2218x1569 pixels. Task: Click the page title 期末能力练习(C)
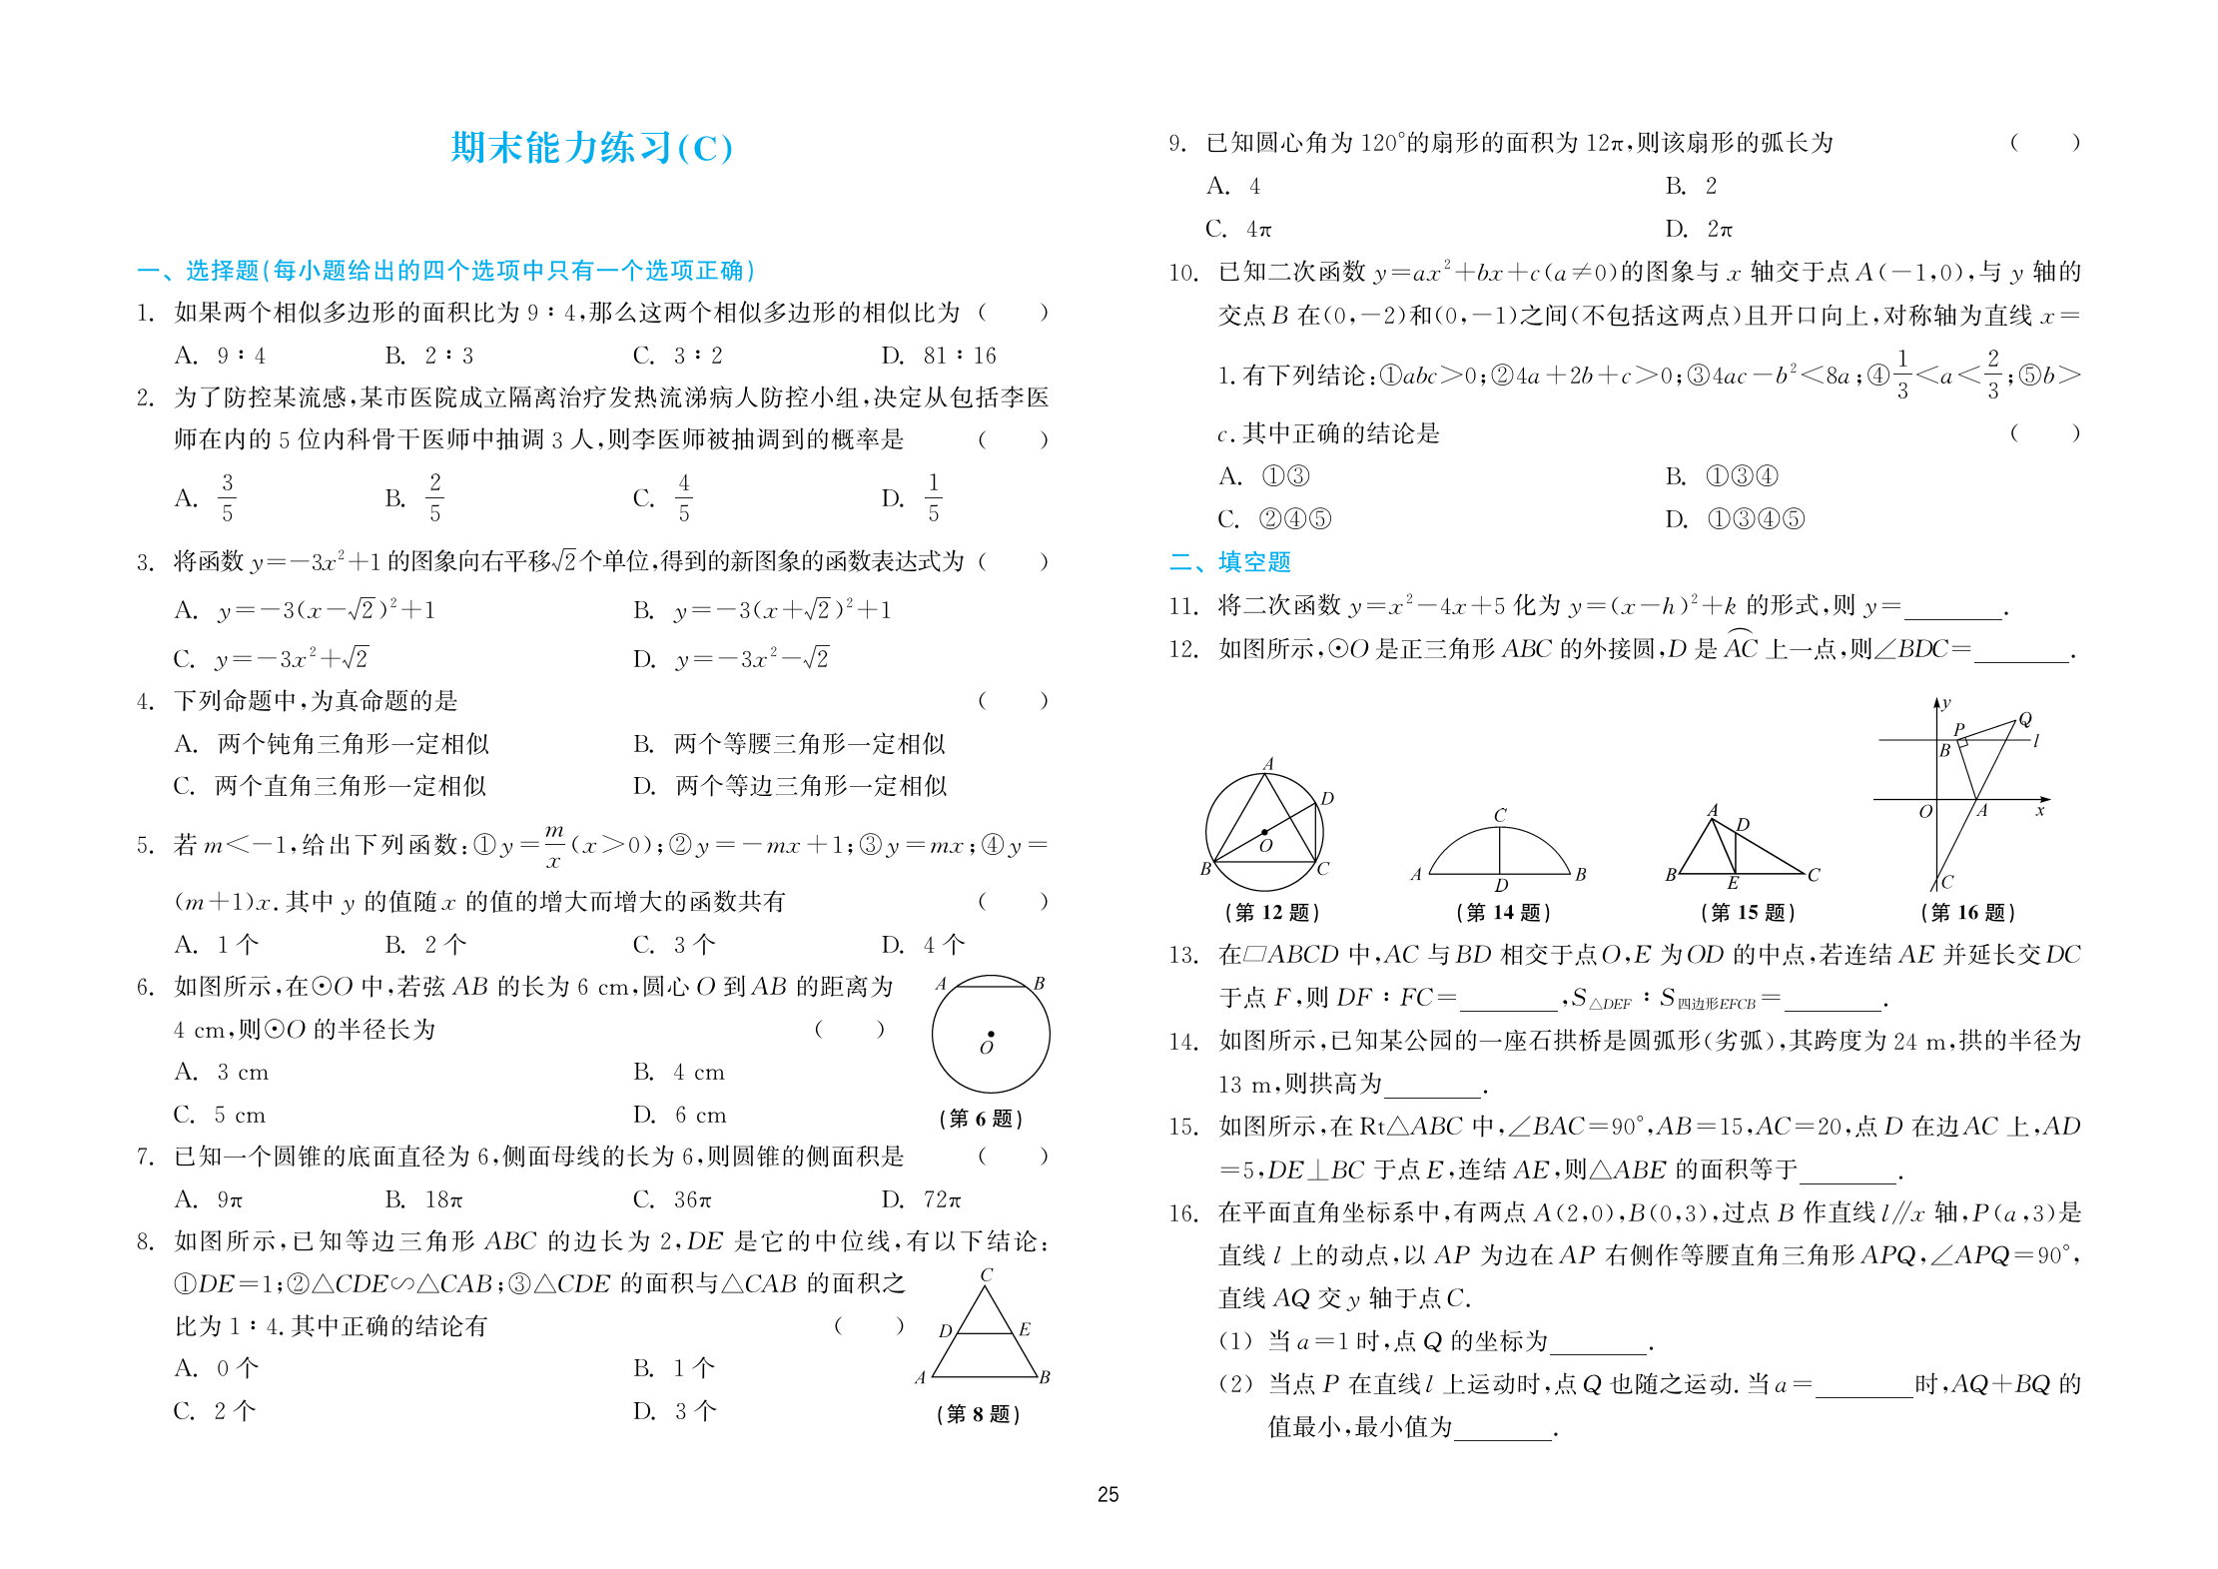[x=591, y=148]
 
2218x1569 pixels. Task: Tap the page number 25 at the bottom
[x=1108, y=1494]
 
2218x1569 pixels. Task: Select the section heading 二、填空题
[x=1229, y=562]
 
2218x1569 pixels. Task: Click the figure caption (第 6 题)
[x=980, y=1119]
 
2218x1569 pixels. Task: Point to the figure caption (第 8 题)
[x=978, y=1414]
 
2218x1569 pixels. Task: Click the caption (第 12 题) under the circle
[x=1271, y=912]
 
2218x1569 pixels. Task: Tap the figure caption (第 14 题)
[x=1502, y=912]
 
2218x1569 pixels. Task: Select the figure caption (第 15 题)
[x=1747, y=912]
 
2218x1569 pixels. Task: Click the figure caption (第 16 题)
[x=1967, y=912]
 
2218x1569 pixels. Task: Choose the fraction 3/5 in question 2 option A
[x=228, y=497]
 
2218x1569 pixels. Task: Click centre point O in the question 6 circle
[x=991, y=1035]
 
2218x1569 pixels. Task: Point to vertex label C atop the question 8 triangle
[x=987, y=1275]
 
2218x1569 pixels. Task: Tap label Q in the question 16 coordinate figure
[x=2025, y=719]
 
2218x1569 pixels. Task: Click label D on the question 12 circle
[x=1327, y=799]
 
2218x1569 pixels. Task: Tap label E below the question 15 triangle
[x=1734, y=883]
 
